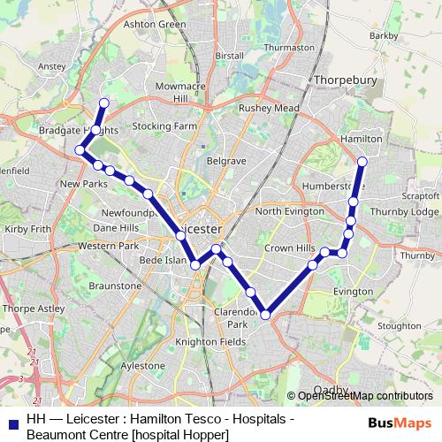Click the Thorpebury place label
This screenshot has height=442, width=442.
345,80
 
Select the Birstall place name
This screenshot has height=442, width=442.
228,55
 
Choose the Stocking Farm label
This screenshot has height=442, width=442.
164,126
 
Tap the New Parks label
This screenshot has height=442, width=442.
83,184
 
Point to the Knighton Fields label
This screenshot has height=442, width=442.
210,341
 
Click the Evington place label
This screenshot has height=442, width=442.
353,291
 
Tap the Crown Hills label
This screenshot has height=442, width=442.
288,248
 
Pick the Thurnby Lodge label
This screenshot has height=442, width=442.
406,212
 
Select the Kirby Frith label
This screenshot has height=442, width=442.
26,228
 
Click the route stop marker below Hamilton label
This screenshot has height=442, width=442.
362,161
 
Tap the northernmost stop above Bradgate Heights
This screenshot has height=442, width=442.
103,102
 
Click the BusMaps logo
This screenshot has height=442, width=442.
400,421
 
